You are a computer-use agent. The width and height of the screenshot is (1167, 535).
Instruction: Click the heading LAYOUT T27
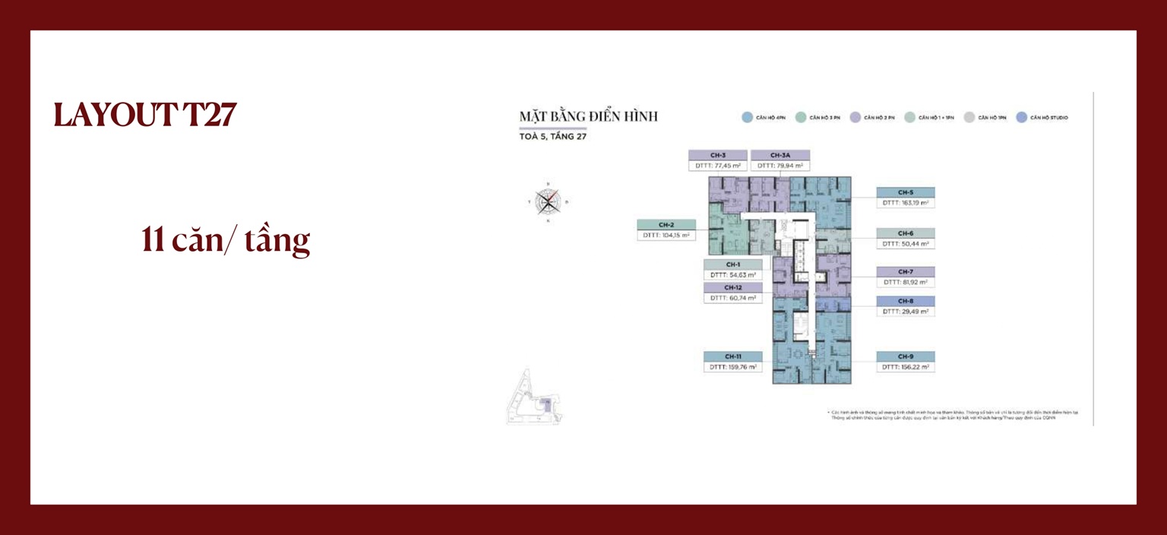pos(145,115)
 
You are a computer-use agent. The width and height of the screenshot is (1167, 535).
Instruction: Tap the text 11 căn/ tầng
pos(226,239)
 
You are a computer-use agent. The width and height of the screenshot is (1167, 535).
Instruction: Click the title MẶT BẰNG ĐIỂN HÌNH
pos(588,117)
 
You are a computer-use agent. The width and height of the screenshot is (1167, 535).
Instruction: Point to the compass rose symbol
pos(548,201)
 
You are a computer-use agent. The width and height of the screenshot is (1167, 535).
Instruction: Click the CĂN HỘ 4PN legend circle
pos(747,118)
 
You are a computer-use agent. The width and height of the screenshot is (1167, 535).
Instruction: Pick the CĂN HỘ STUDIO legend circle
pos(1022,118)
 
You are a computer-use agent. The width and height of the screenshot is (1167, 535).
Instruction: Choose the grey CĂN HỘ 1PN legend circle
pos(969,118)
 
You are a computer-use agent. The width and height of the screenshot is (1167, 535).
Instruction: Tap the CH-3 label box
pos(718,155)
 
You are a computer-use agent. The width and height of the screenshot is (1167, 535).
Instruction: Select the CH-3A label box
pos(780,155)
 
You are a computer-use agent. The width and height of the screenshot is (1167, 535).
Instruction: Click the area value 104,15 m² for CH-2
pos(666,236)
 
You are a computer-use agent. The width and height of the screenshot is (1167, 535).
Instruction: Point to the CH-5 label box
pos(905,192)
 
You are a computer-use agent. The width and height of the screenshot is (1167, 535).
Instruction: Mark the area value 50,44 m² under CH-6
pos(905,244)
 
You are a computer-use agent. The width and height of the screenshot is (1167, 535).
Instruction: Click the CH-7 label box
pos(905,271)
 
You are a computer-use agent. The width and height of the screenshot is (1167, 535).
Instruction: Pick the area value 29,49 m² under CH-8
pos(905,312)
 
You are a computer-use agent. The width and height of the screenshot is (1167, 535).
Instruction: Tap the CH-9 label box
pos(905,356)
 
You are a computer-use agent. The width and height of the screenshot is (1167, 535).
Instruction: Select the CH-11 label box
pos(732,356)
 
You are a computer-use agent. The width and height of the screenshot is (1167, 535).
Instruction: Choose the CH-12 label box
pos(732,288)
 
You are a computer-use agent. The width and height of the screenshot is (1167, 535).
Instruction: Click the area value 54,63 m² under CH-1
pos(732,274)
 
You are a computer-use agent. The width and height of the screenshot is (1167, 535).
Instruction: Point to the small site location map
pos(535,396)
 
